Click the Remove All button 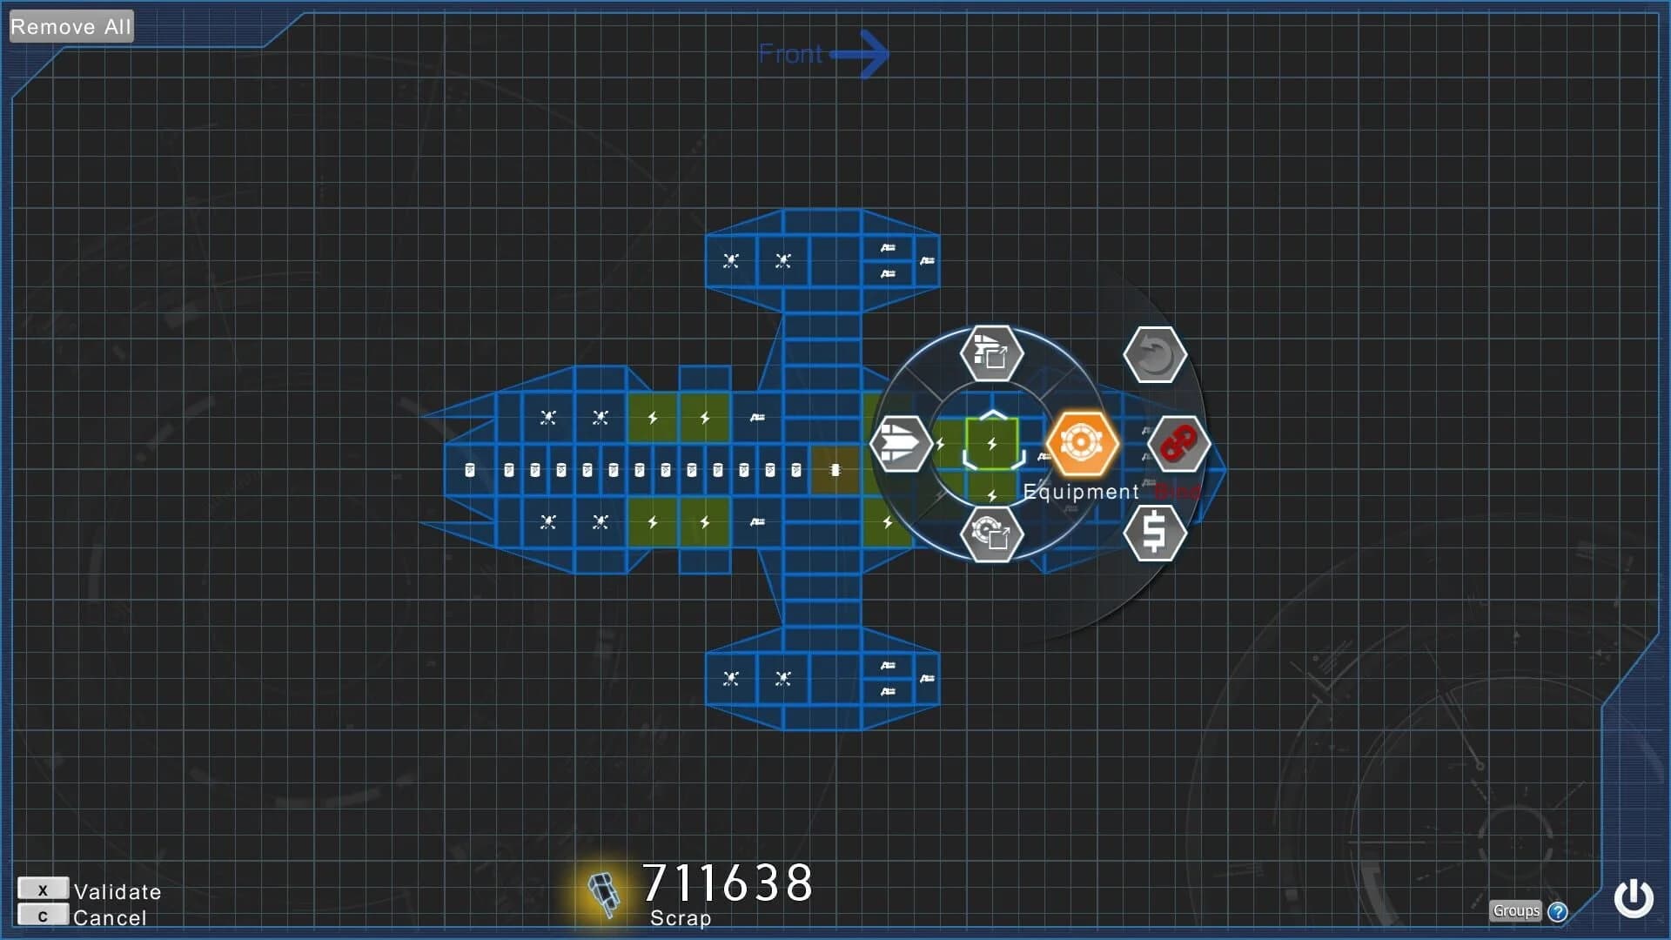coord(70,26)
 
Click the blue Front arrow coord(860,54)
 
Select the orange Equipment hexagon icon coord(1081,443)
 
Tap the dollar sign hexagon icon coord(1154,532)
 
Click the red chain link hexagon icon coord(1178,444)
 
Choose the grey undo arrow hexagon coord(1154,355)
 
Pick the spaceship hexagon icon coord(900,444)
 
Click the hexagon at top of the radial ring coord(990,353)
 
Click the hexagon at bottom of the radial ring coord(990,533)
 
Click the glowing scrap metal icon coord(602,893)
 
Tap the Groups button coord(1515,910)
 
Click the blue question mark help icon coord(1558,911)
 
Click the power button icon coord(1633,898)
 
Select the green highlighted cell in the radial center coord(991,444)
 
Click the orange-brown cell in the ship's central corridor coord(835,470)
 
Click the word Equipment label coord(1080,492)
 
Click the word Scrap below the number coord(681,918)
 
